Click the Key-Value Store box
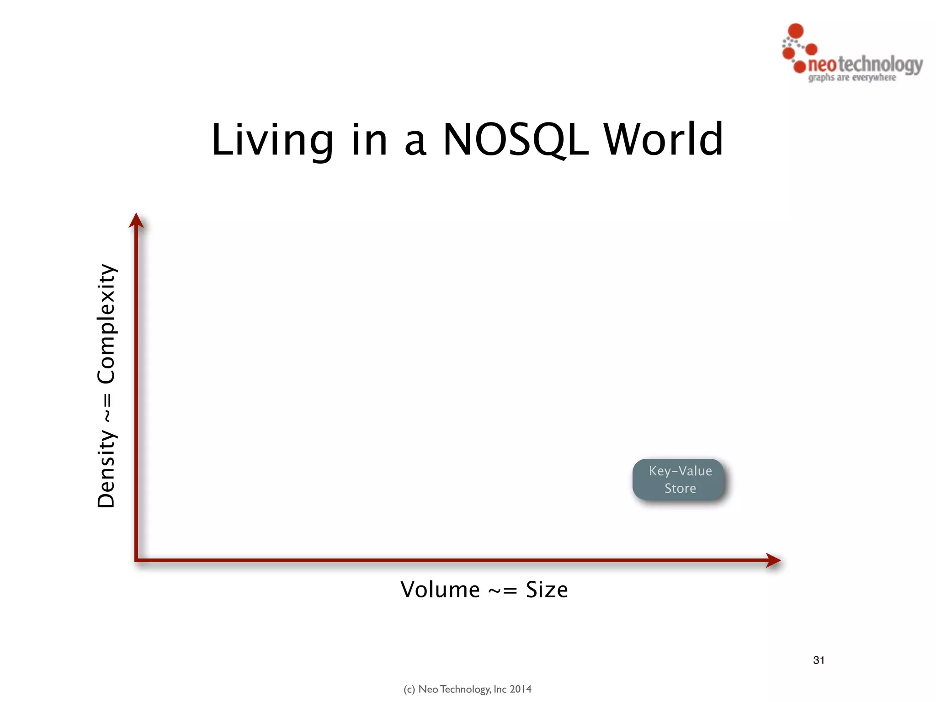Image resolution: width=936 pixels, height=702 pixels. [x=679, y=479]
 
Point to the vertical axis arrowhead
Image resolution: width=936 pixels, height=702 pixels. [x=136, y=220]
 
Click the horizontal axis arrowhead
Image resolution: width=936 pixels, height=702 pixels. [x=773, y=560]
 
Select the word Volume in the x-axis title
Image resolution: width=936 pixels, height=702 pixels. [x=440, y=590]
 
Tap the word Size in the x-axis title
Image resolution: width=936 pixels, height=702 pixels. [x=547, y=590]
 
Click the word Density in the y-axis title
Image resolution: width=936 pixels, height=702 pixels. [x=106, y=469]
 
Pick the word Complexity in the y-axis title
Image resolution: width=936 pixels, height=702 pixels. [x=106, y=324]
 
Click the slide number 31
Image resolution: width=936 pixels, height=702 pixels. [x=819, y=660]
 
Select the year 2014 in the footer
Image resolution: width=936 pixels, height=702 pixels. [x=521, y=689]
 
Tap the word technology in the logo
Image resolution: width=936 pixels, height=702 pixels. [x=880, y=65]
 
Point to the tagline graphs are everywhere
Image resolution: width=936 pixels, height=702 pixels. [x=852, y=78]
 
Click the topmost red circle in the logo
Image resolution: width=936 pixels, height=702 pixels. [x=796, y=31]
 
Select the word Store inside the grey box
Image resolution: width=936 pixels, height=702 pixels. [x=680, y=489]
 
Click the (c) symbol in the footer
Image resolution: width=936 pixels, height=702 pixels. [x=409, y=689]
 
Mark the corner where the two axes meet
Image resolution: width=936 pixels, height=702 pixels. [x=137, y=559]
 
